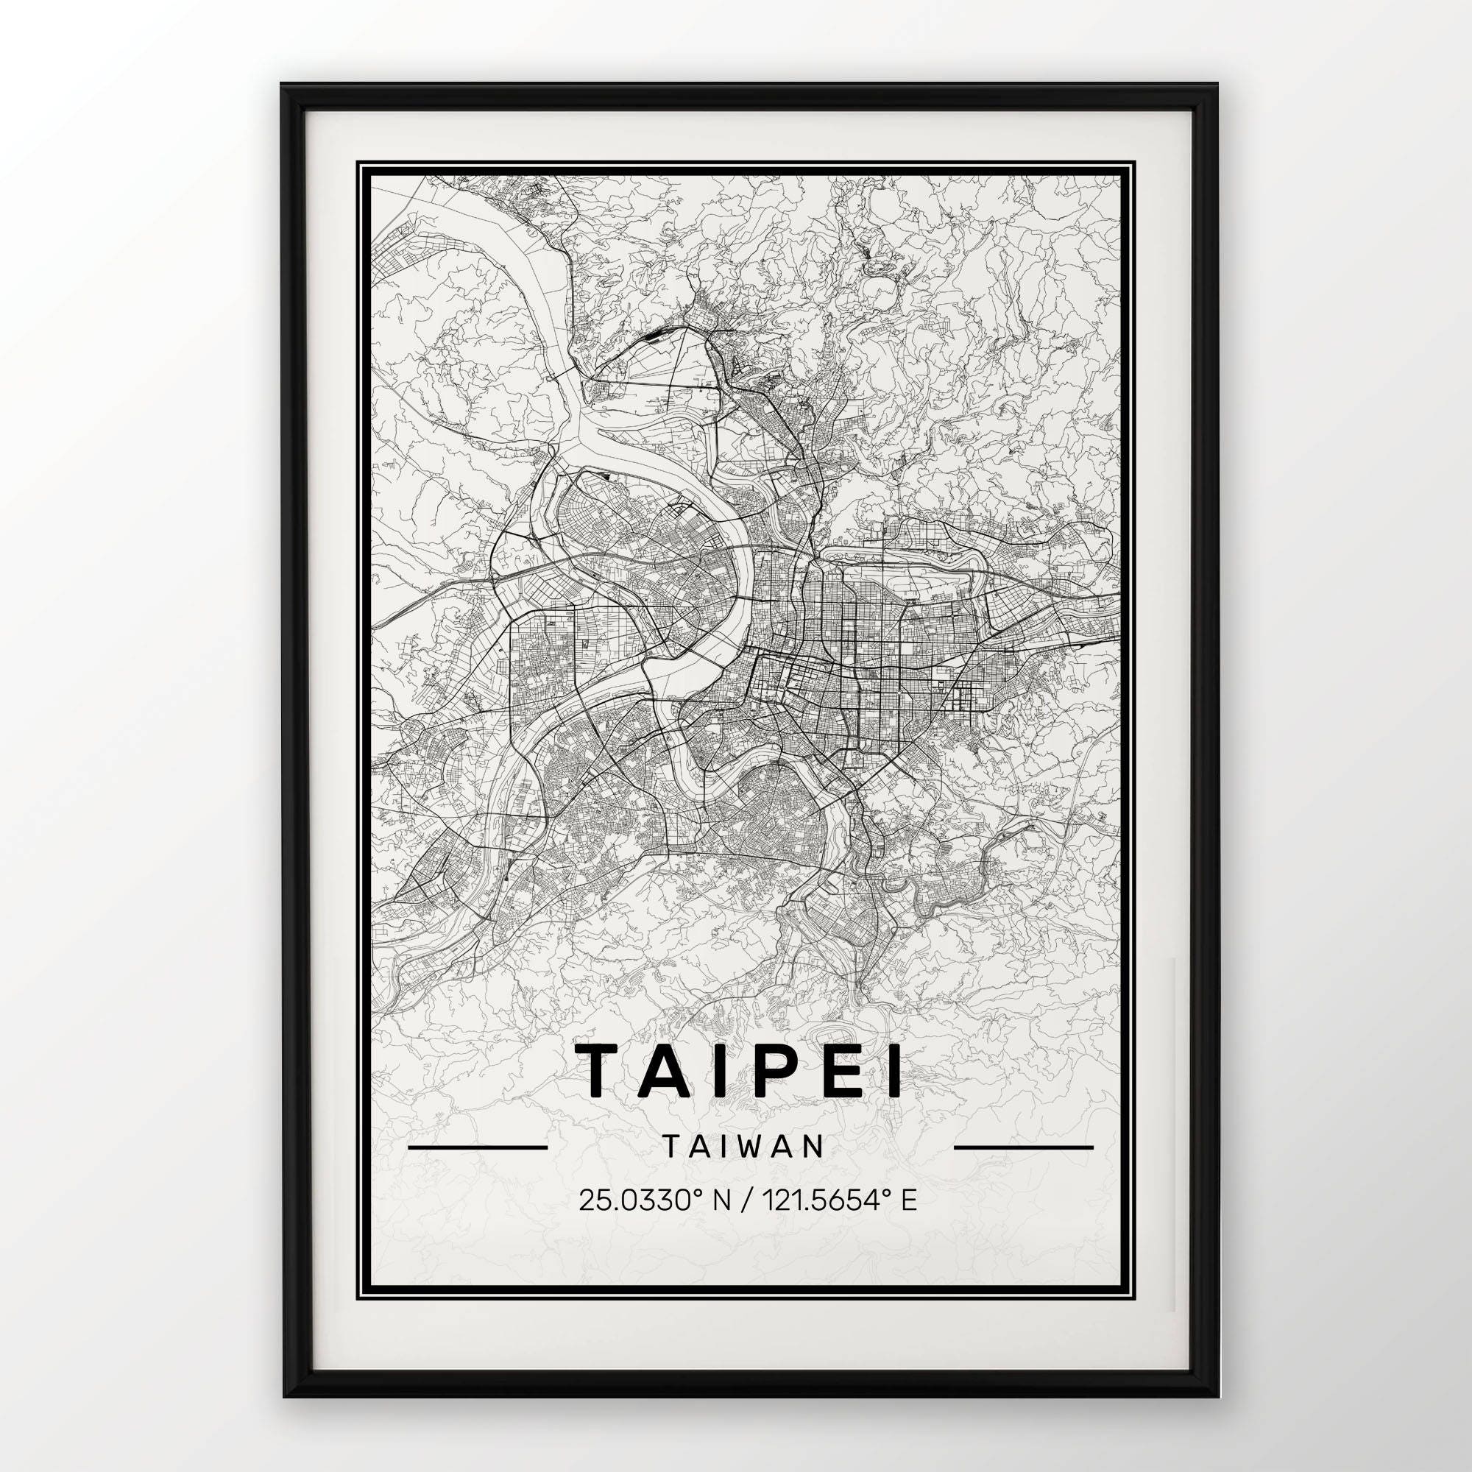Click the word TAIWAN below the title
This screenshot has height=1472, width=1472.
tap(743, 1167)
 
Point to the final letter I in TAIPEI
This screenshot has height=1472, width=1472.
tap(894, 1071)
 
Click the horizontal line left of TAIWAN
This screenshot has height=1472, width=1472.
tap(478, 1168)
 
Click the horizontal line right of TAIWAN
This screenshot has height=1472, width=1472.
tap(1023, 1168)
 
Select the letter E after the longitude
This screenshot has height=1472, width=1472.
tap(908, 1222)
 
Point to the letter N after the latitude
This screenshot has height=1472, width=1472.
tap(719, 1222)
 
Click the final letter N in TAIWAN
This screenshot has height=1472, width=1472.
tap(815, 1167)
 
